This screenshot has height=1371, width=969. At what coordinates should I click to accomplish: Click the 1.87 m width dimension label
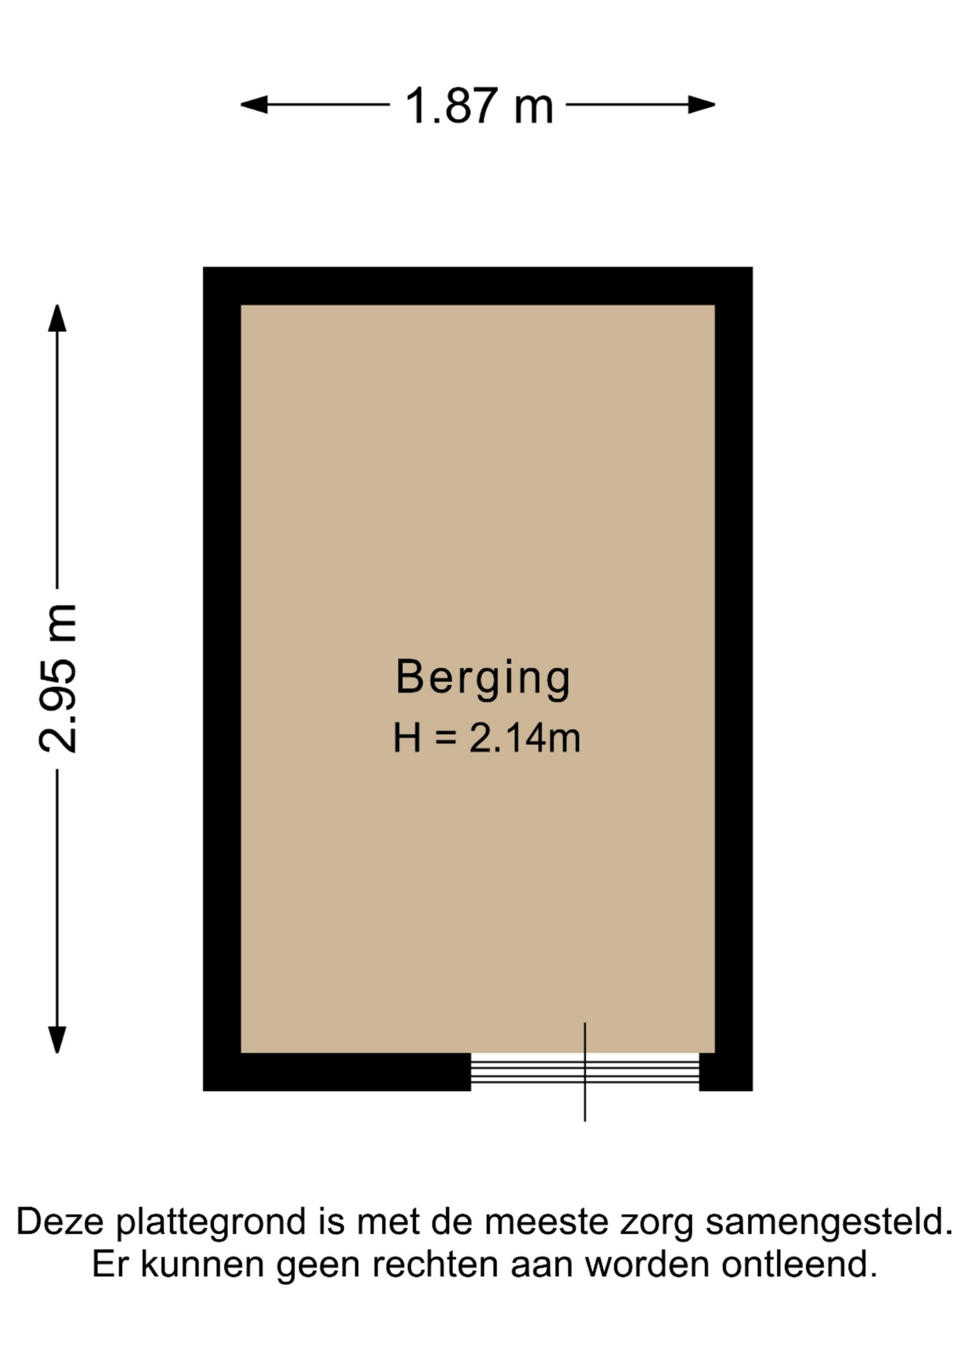tap(479, 106)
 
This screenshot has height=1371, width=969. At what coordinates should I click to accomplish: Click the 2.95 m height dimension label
tap(58, 678)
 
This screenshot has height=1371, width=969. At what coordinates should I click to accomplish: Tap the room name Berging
tap(483, 678)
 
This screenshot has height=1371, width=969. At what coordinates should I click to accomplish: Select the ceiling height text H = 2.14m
tap(487, 738)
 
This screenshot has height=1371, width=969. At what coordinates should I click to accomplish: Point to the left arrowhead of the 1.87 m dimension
tap(254, 105)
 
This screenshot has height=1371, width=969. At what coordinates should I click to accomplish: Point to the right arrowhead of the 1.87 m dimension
tap(701, 105)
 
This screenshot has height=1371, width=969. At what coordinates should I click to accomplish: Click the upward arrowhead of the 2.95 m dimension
tap(57, 318)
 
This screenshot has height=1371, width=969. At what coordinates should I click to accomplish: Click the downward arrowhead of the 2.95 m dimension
tap(57, 1040)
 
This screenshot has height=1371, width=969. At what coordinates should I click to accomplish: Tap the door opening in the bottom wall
tap(585, 1072)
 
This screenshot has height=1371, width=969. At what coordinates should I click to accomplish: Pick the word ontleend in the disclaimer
tap(799, 1265)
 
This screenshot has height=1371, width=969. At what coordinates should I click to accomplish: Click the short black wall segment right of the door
tap(726, 1072)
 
